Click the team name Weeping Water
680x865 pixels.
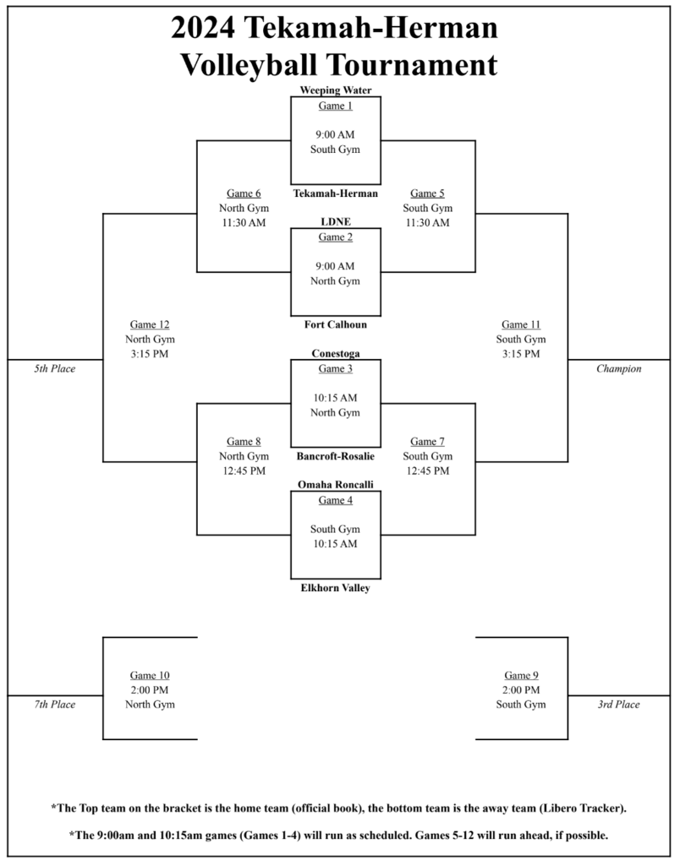pyautogui.click(x=336, y=90)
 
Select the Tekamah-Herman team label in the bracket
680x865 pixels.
pyautogui.click(x=336, y=193)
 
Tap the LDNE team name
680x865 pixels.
pyautogui.click(x=336, y=221)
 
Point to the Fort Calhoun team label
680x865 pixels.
pyautogui.click(x=336, y=324)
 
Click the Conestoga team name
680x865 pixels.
pyautogui.click(x=336, y=354)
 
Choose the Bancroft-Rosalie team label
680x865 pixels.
pyautogui.click(x=336, y=456)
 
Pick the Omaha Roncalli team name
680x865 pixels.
pyautogui.click(x=336, y=485)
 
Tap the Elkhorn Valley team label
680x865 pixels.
pyautogui.click(x=336, y=588)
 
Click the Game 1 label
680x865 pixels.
pyautogui.click(x=336, y=106)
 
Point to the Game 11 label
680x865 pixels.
pyautogui.click(x=520, y=324)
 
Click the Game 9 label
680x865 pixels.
pyautogui.click(x=521, y=675)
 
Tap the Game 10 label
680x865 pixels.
pyautogui.click(x=150, y=675)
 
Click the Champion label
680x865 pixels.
pyautogui.click(x=618, y=369)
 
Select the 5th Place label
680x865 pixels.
pyautogui.click(x=55, y=369)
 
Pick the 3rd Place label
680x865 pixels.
pyautogui.click(x=618, y=705)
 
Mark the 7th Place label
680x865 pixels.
pyautogui.click(x=55, y=705)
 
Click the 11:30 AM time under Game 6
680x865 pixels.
pyautogui.click(x=244, y=222)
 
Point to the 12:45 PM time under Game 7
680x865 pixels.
pyautogui.click(x=428, y=471)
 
